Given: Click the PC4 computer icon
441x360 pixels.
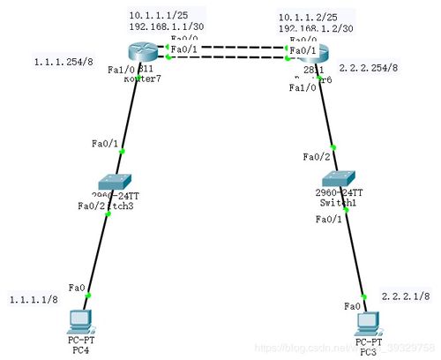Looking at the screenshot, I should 82,319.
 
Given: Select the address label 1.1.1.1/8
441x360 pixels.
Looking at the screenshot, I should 34,299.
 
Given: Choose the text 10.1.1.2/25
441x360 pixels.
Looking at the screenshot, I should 305,16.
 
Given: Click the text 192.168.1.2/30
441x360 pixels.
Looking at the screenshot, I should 316,28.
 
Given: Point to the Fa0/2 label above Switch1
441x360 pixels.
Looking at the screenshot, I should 316,156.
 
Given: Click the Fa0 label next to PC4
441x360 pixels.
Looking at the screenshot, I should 78,288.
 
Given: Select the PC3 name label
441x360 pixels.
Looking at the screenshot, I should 368,350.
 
